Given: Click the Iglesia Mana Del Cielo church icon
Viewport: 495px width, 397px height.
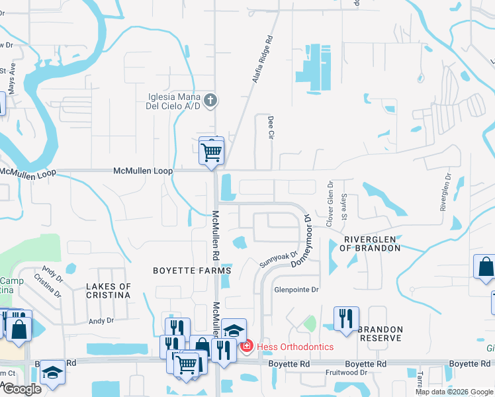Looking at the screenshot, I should pos(210,100).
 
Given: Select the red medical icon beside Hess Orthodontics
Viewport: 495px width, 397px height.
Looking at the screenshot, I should pos(247,346).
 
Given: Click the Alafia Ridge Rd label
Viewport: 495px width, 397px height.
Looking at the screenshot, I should pos(263,59).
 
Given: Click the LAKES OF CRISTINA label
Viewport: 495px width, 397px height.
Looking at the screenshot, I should pos(109,291).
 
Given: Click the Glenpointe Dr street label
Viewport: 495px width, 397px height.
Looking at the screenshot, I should pos(297,290).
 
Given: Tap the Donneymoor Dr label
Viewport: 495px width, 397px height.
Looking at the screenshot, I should pos(300,240).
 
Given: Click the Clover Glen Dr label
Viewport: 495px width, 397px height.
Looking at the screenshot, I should pos(330,205).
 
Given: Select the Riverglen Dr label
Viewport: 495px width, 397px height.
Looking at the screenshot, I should pos(448,192).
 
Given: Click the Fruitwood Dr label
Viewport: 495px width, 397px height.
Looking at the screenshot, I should pos(347,373).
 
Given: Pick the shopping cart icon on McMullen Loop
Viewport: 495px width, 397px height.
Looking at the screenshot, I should pos(211,152).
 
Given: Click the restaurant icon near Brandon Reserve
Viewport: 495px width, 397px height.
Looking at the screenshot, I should pos(346,319).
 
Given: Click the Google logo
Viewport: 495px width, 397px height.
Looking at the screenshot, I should pos(21,389).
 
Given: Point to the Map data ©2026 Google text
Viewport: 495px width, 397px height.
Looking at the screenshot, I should pos(454,392).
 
